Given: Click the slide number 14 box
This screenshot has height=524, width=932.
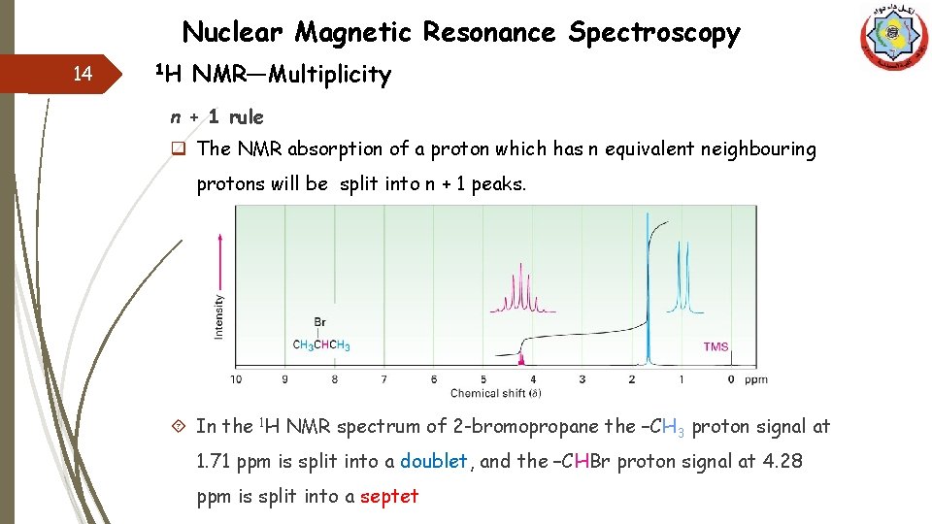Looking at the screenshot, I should pos(83,74).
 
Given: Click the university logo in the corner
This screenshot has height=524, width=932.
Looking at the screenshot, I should pos(893,38).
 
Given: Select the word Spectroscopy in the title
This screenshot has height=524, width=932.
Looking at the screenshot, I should pos(654,33).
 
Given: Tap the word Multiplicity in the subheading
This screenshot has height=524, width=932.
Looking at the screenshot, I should pos(329,75).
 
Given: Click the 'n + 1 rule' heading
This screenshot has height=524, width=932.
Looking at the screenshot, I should pos(216,117).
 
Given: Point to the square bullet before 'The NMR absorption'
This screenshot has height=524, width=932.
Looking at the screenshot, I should pos(179,149).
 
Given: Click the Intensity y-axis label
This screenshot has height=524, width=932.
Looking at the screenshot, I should pos(218,316).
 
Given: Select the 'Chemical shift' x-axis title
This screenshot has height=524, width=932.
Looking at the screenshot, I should pos(495,393).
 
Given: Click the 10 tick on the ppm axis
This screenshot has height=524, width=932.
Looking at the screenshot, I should pos(236,378).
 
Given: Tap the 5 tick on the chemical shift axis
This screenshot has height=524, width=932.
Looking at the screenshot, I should pos(483,378).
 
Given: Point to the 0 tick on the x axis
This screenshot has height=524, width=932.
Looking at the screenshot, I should pos(731,378).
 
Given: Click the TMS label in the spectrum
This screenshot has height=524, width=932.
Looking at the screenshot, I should pos(716,346).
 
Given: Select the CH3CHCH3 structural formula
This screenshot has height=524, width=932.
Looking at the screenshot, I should pos(321,345).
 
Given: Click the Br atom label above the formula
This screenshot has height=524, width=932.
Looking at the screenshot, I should pos(320,322).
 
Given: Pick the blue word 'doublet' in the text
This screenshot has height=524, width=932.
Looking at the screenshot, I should pos(434,462).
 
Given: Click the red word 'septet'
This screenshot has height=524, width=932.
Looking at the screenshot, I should pos(389,497).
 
